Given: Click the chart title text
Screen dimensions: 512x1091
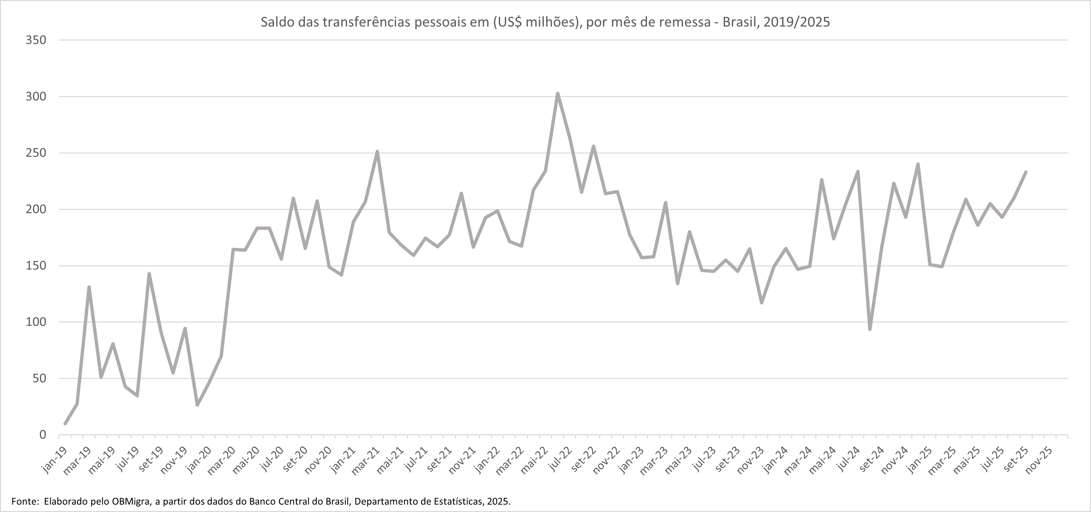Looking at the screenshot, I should (x=545, y=22).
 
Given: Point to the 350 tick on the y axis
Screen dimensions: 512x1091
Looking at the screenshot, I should (x=36, y=40).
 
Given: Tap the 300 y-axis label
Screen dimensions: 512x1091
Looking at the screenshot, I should (x=36, y=97).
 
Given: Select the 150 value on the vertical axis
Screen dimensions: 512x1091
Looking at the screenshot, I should (x=36, y=266).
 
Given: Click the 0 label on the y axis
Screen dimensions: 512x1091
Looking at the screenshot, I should (x=43, y=435).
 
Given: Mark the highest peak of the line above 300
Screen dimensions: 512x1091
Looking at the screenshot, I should (x=557, y=94).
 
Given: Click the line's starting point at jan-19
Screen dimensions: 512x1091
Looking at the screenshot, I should (x=65, y=423).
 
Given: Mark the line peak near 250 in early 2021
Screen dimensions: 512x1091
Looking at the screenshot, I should (x=377, y=152).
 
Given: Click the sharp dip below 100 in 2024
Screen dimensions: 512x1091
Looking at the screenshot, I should (x=869, y=329).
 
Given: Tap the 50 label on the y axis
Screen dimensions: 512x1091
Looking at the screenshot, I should (x=39, y=379).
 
